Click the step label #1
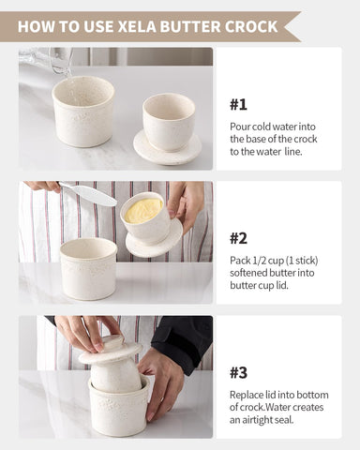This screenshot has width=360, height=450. tap(238, 105)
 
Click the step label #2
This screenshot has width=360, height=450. tap(238, 237)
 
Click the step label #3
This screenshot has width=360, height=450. tap(238, 370)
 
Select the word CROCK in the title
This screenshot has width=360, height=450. tap(251, 26)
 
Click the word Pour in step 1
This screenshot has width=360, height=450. tap(240, 126)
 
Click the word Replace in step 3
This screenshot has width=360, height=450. tap(248, 393)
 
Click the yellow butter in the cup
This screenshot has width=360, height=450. tap(143, 210)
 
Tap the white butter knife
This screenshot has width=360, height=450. tap(89, 195)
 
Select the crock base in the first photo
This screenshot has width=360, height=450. tap(82, 112)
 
